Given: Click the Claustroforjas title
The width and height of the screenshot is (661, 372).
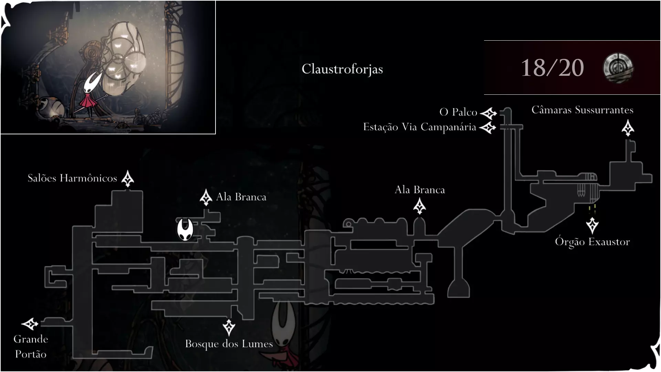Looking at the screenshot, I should coord(342,69).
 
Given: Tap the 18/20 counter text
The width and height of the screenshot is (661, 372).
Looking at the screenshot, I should coord(552,68).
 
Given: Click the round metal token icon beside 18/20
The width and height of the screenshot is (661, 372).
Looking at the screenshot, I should coord(618,68).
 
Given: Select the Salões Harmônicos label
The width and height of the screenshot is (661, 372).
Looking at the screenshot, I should coord(72,178).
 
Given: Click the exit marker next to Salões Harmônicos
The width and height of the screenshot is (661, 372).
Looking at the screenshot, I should coord(128,178).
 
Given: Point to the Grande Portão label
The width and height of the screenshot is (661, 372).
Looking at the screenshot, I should coord(31,347).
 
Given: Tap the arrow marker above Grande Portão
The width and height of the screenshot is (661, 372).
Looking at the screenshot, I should coord(30,324).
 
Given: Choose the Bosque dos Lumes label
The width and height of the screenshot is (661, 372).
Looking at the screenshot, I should coord(229,344).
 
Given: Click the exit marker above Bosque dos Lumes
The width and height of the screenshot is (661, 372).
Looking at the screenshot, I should coord(229,327).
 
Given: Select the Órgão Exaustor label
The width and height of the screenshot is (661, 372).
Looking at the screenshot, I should coord(592,242).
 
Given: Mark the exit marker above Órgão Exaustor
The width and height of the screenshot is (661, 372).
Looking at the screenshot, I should coord(592,225).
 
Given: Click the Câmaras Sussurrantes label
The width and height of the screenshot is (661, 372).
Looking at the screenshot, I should coord(583,110).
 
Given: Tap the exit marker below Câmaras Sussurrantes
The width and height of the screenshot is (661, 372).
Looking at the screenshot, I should coord(628,128).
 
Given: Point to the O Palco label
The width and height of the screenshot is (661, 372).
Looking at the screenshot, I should coord(458,112).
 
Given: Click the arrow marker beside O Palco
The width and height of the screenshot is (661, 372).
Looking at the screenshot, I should coord(489,113).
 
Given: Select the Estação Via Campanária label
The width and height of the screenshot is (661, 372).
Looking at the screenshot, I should coord(420,127).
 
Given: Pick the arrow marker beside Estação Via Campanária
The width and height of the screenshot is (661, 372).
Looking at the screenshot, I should coord(488,128).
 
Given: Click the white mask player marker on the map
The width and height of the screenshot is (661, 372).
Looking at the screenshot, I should coord(185,230).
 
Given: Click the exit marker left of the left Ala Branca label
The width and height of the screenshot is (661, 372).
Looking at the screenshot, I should coord(206,197).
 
